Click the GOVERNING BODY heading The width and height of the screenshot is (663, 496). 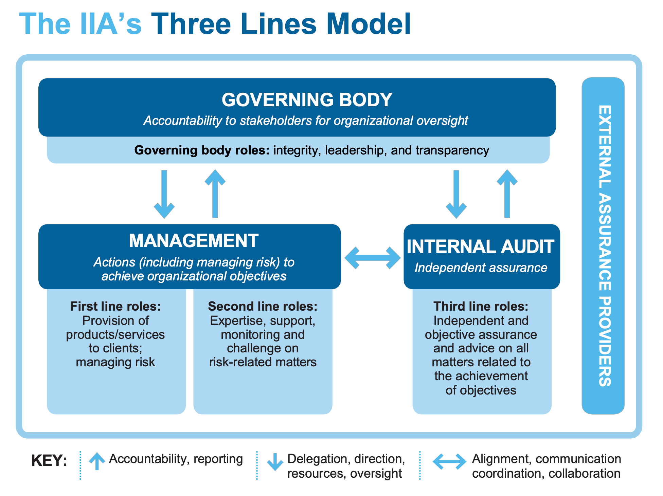point(307,100)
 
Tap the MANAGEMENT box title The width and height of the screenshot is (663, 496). point(194,241)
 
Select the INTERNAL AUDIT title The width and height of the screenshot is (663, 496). point(481,247)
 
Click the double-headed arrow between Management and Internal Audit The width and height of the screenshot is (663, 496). point(372,258)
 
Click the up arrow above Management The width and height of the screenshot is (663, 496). point(215,194)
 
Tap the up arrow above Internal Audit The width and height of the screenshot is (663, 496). point(507,194)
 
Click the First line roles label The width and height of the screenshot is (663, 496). point(115,306)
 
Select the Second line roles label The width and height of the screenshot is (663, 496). point(263,306)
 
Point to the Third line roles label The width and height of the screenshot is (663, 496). point(481,306)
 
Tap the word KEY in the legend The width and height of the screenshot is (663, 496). point(49,461)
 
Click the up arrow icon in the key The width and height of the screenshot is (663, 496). point(97,461)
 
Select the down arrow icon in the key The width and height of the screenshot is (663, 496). point(275,462)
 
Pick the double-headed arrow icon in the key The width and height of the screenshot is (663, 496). point(449,461)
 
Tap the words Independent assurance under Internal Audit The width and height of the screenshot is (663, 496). point(481,268)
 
